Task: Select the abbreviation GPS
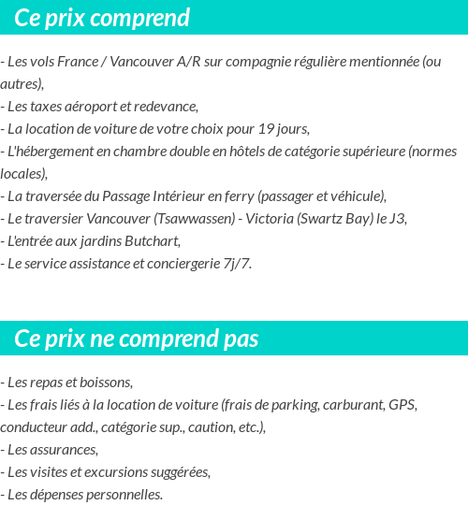tap(402, 405)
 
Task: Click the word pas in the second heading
tap(241, 339)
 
